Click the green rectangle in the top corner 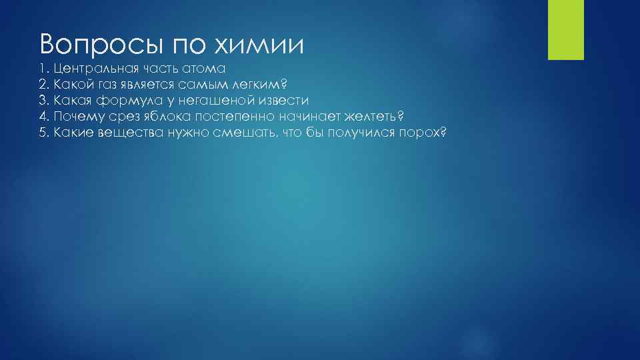click(565, 29)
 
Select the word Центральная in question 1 click(95, 69)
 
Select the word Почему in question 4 click(77, 117)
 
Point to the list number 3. click(42, 101)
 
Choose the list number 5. click(42, 133)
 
